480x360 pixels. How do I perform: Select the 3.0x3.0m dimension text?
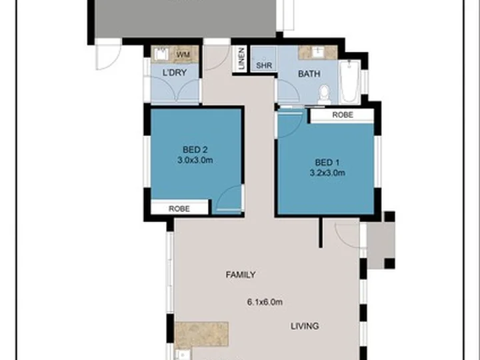pyautogui.click(x=195, y=160)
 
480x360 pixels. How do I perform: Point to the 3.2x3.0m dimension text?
pyautogui.click(x=327, y=173)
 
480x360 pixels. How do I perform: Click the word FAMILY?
pyautogui.click(x=241, y=275)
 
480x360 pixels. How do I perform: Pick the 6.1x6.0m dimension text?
pyautogui.click(x=265, y=302)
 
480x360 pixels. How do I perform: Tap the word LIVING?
pyautogui.click(x=304, y=326)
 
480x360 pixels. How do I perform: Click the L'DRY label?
pyautogui.click(x=175, y=72)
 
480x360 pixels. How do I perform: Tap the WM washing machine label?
pyautogui.click(x=182, y=55)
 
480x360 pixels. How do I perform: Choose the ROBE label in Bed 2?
pyautogui.click(x=179, y=209)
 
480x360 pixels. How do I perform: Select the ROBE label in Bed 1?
pyautogui.click(x=343, y=115)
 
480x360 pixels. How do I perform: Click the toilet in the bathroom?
pyautogui.click(x=325, y=94)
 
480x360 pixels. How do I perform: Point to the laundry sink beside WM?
pyautogui.click(x=161, y=55)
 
